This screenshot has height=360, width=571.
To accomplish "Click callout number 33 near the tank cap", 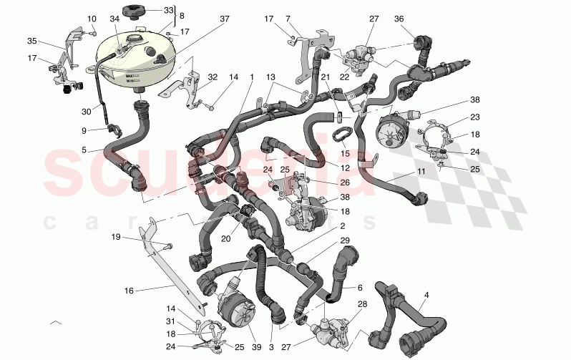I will pos(168,10).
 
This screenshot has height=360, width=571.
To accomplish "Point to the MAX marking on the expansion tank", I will pos(130,75).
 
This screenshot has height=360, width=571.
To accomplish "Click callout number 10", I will pos(92,18).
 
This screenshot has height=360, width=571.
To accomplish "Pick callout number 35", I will pos(31,42).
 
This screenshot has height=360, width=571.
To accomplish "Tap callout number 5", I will pos(84,150).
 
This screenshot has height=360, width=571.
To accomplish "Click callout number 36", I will pos(419,19).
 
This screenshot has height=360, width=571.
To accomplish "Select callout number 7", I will pos(308,18).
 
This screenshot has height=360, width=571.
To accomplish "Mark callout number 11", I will pos(421,172).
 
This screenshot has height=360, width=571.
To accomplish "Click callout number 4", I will pos(426,294).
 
